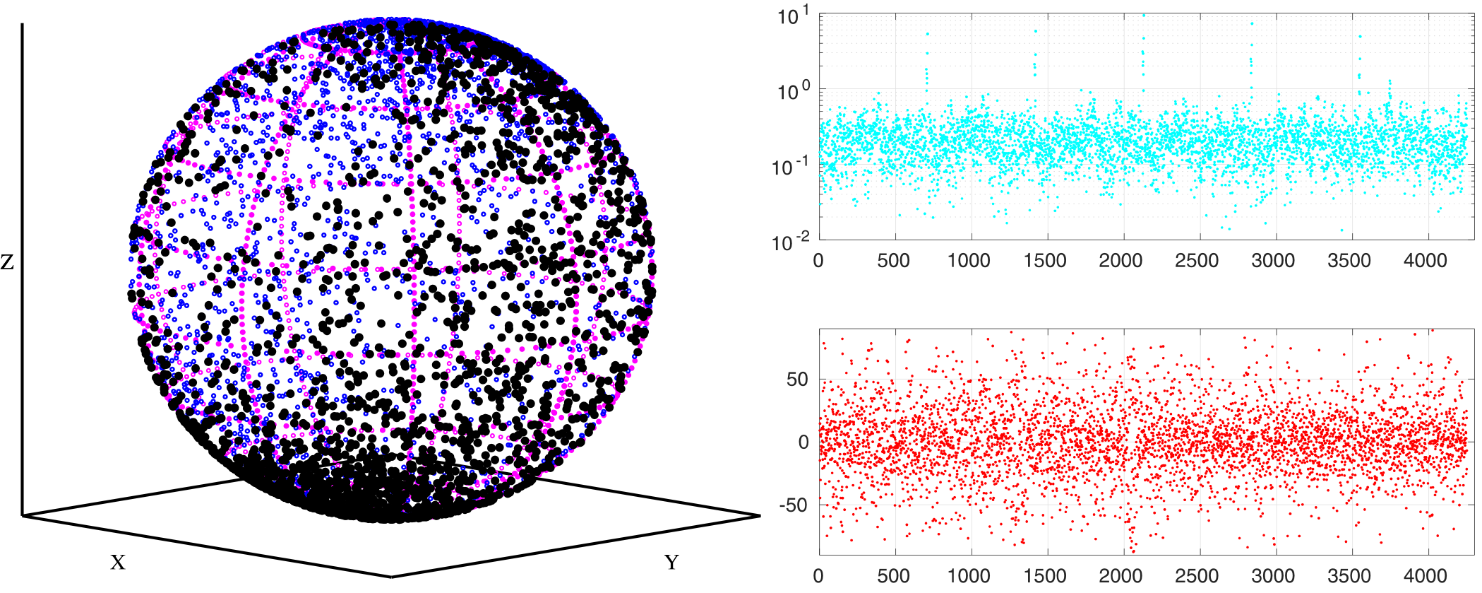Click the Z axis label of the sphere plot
(7, 263)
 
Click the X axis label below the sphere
(118, 563)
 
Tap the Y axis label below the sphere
(671, 563)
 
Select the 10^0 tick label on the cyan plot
(793, 93)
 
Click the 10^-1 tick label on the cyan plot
(791, 168)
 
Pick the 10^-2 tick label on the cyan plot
(791, 242)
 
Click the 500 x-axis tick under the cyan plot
(893, 261)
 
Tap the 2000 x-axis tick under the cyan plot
(1121, 261)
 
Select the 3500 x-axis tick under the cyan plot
(1349, 261)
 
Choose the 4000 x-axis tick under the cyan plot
(1425, 261)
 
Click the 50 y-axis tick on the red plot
(797, 380)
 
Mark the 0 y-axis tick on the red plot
(803, 442)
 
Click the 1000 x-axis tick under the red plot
(969, 575)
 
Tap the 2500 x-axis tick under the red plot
(1197, 575)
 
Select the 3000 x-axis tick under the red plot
(1273, 575)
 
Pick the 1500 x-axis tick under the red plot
(1045, 575)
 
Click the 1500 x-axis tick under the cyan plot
(1045, 261)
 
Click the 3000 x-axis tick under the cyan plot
(1273, 261)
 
